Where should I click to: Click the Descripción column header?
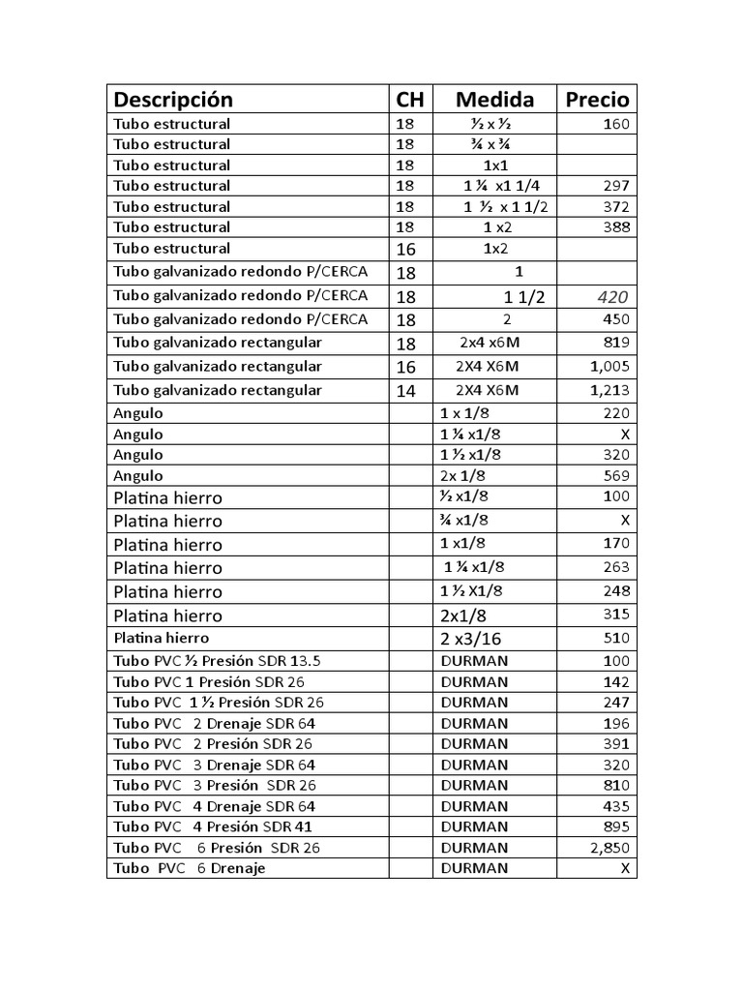pos(174,100)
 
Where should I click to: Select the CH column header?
pos(410,100)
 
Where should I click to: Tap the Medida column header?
pos(494,100)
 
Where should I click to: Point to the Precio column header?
pos(597,100)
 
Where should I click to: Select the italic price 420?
pos(614,297)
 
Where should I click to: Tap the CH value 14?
pos(406,390)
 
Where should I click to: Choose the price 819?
pos(615,342)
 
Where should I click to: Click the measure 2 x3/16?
pos(471,639)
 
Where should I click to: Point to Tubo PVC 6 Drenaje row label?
pos(190,868)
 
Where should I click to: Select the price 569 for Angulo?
pos(615,475)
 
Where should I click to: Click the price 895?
pos(615,826)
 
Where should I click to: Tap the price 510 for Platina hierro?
pos(615,639)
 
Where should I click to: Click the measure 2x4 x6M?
pos(490,342)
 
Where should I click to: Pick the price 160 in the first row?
pos(615,124)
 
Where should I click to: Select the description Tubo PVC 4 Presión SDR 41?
pos(213,826)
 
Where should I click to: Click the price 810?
pos(615,785)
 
